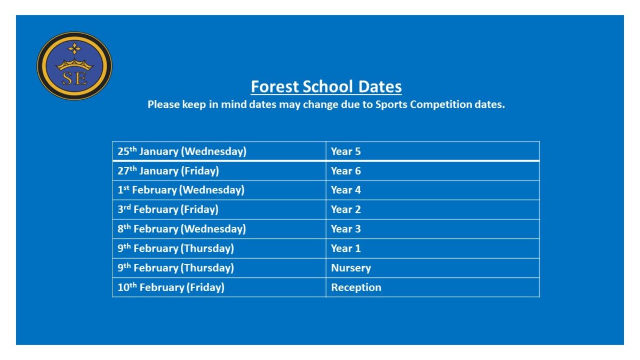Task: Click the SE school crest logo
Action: pyautogui.click(x=74, y=66)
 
